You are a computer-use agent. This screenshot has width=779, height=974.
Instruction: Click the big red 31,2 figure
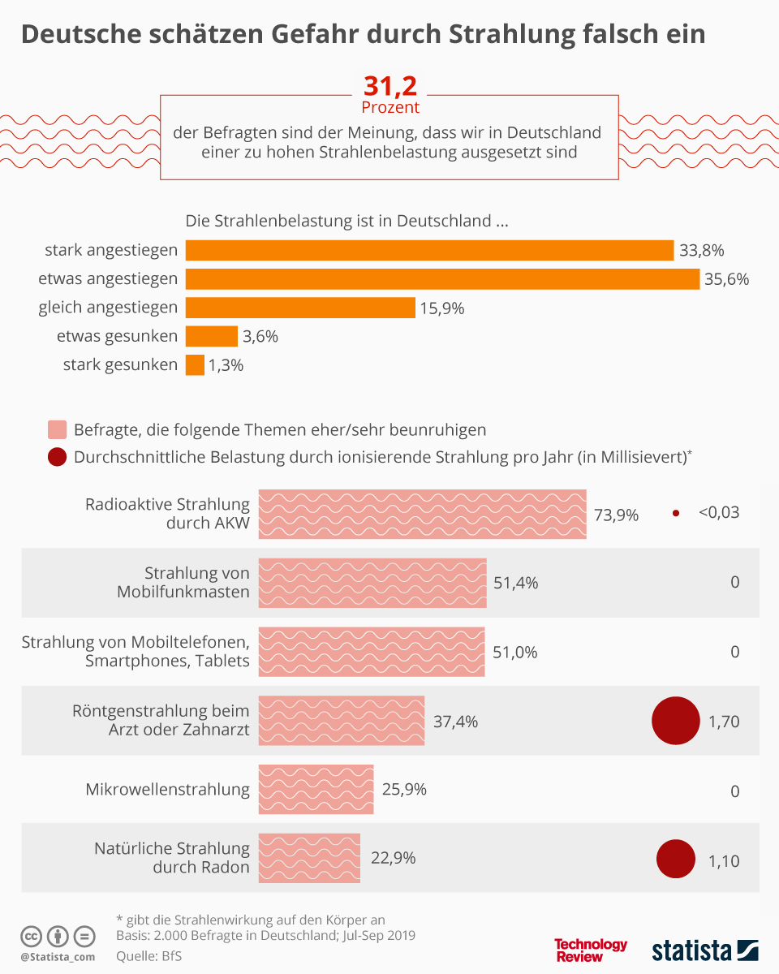click(x=389, y=87)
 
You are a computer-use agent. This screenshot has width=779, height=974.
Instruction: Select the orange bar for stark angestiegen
click(x=429, y=250)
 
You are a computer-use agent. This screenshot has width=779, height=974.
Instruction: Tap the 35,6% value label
click(x=726, y=279)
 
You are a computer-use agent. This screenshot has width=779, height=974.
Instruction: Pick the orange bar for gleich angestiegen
click(x=300, y=308)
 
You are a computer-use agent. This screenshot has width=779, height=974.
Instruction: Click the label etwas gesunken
click(x=117, y=336)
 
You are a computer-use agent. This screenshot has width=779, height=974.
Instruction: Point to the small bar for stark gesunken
click(x=195, y=365)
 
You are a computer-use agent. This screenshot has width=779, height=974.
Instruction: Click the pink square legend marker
click(x=58, y=429)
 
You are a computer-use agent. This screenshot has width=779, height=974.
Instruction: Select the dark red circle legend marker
click(x=58, y=457)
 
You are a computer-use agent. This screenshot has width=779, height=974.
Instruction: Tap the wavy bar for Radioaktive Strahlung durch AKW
click(x=422, y=514)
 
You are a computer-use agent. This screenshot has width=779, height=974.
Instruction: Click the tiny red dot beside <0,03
click(x=675, y=513)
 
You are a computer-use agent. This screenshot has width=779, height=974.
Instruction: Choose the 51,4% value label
click(x=515, y=583)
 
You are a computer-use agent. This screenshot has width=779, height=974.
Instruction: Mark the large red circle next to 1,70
click(x=676, y=721)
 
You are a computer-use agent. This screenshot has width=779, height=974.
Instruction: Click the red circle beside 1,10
click(x=676, y=860)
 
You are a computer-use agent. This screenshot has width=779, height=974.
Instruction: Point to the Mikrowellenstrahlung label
click(x=167, y=789)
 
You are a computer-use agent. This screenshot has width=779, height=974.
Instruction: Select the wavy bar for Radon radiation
click(x=309, y=858)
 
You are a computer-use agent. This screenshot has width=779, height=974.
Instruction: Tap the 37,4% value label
click(x=455, y=722)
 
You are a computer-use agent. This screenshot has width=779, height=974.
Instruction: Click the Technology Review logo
click(x=591, y=950)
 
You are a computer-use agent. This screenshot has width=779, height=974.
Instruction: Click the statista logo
click(x=704, y=950)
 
